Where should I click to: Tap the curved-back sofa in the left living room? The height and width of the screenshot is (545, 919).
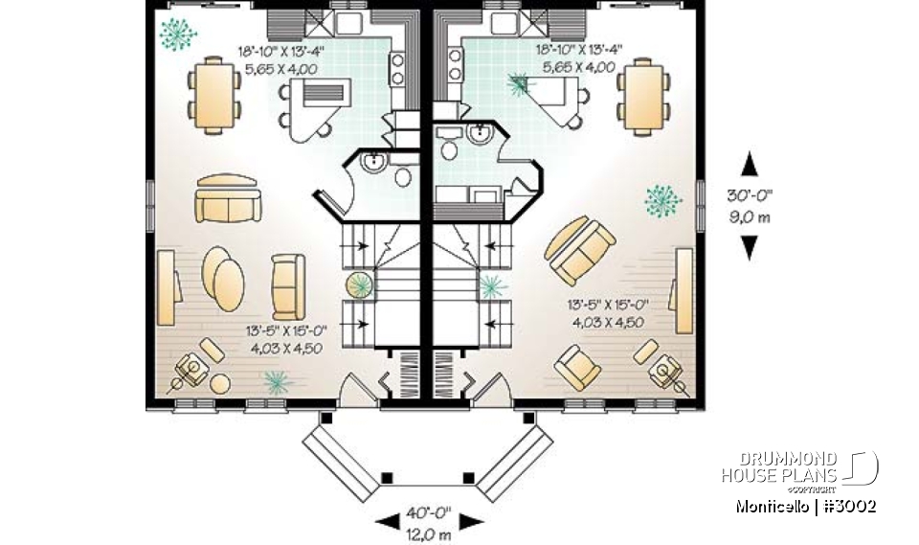228,199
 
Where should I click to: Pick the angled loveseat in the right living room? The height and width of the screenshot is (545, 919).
580,251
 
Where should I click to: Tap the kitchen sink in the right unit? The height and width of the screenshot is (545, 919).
502,20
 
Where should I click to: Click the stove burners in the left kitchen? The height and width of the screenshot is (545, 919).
394,67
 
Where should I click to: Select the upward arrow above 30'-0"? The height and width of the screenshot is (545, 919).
750,165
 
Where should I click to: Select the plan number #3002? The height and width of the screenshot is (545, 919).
847,506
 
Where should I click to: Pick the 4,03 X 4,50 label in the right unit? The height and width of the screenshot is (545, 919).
608,322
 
